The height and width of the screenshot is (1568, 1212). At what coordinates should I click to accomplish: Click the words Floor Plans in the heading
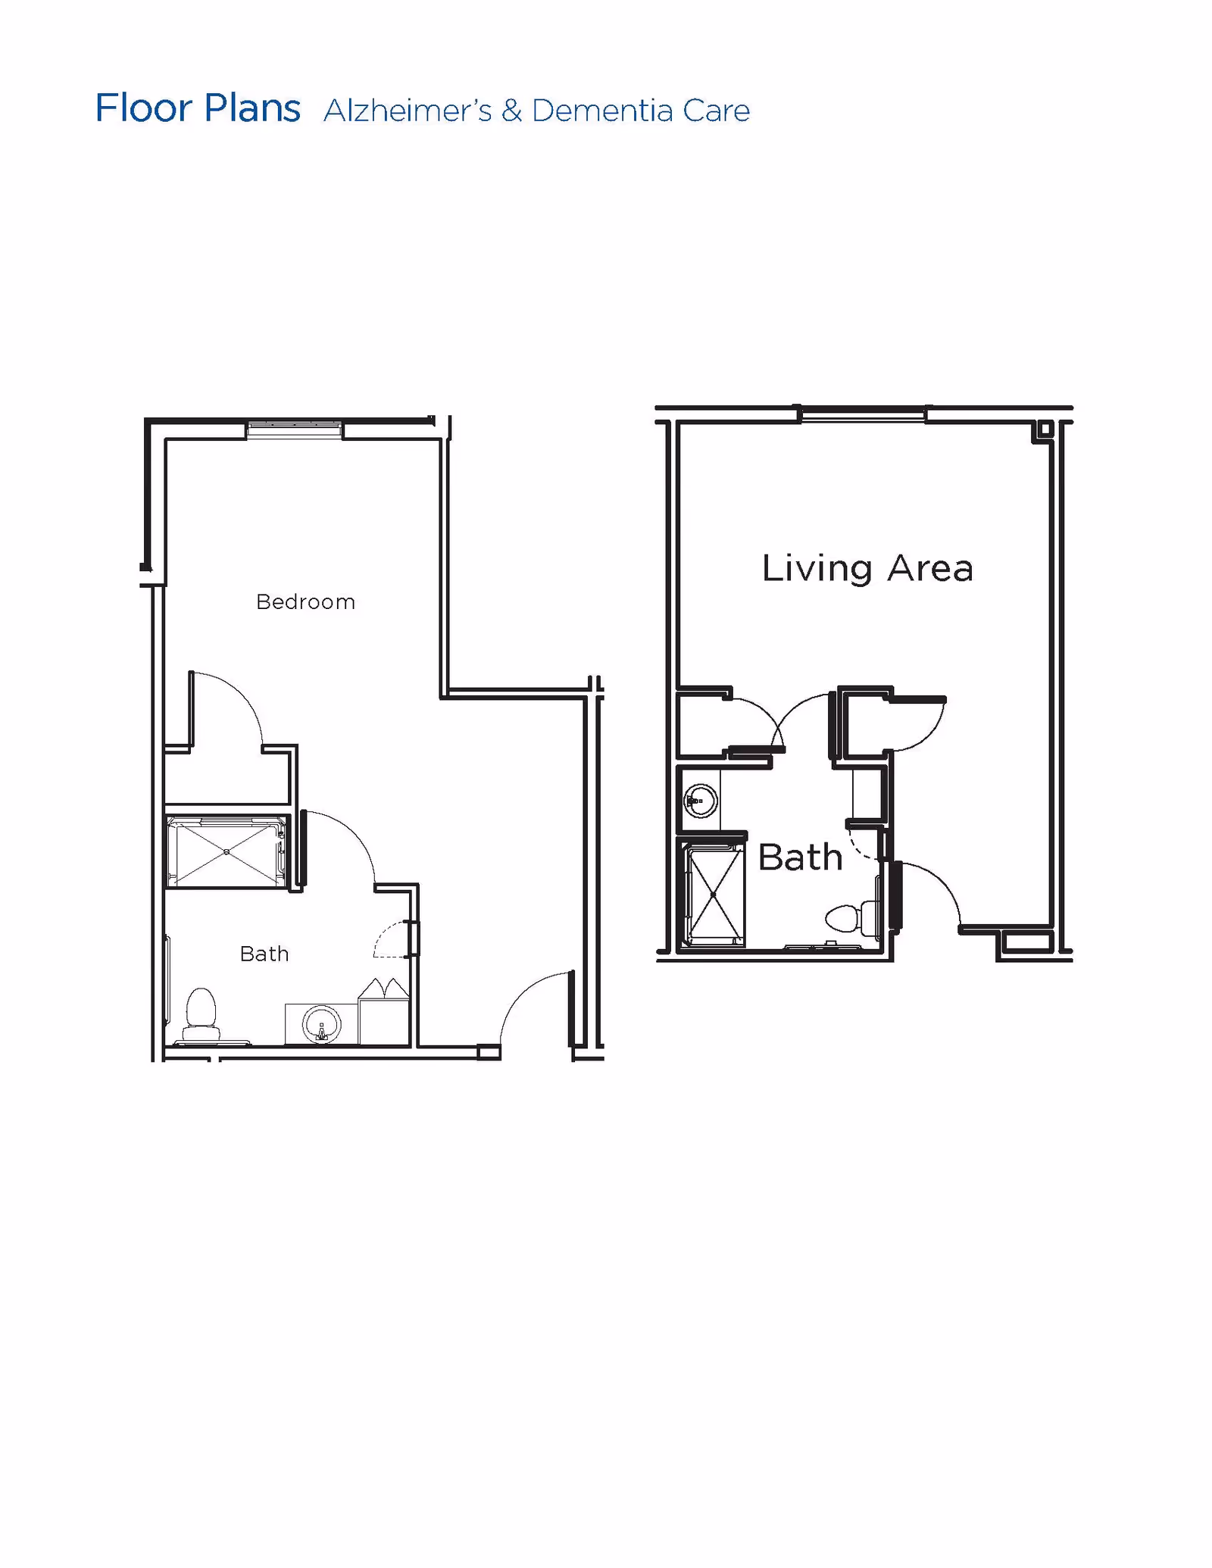click(198, 108)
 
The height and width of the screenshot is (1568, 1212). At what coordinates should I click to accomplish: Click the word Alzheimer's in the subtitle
click(408, 111)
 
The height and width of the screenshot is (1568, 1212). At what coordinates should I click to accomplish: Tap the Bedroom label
click(305, 601)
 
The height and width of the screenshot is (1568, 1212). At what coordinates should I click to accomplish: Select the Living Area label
click(867, 568)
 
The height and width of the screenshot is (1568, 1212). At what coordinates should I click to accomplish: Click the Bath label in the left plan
click(264, 954)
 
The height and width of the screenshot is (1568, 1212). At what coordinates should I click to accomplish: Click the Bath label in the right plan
click(800, 857)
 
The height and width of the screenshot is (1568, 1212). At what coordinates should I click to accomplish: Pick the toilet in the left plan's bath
click(201, 1014)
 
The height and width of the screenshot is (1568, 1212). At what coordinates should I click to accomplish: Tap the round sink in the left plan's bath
click(322, 1026)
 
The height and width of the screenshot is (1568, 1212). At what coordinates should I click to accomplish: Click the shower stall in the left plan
click(226, 851)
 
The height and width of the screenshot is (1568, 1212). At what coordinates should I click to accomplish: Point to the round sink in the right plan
click(700, 801)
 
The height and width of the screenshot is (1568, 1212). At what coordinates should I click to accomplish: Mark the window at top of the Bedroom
click(295, 429)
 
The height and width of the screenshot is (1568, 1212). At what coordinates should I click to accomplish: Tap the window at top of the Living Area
click(863, 414)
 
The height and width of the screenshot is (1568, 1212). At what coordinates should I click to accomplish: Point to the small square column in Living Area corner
click(1044, 429)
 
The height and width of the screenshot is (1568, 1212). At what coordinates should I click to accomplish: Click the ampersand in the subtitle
click(512, 111)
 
